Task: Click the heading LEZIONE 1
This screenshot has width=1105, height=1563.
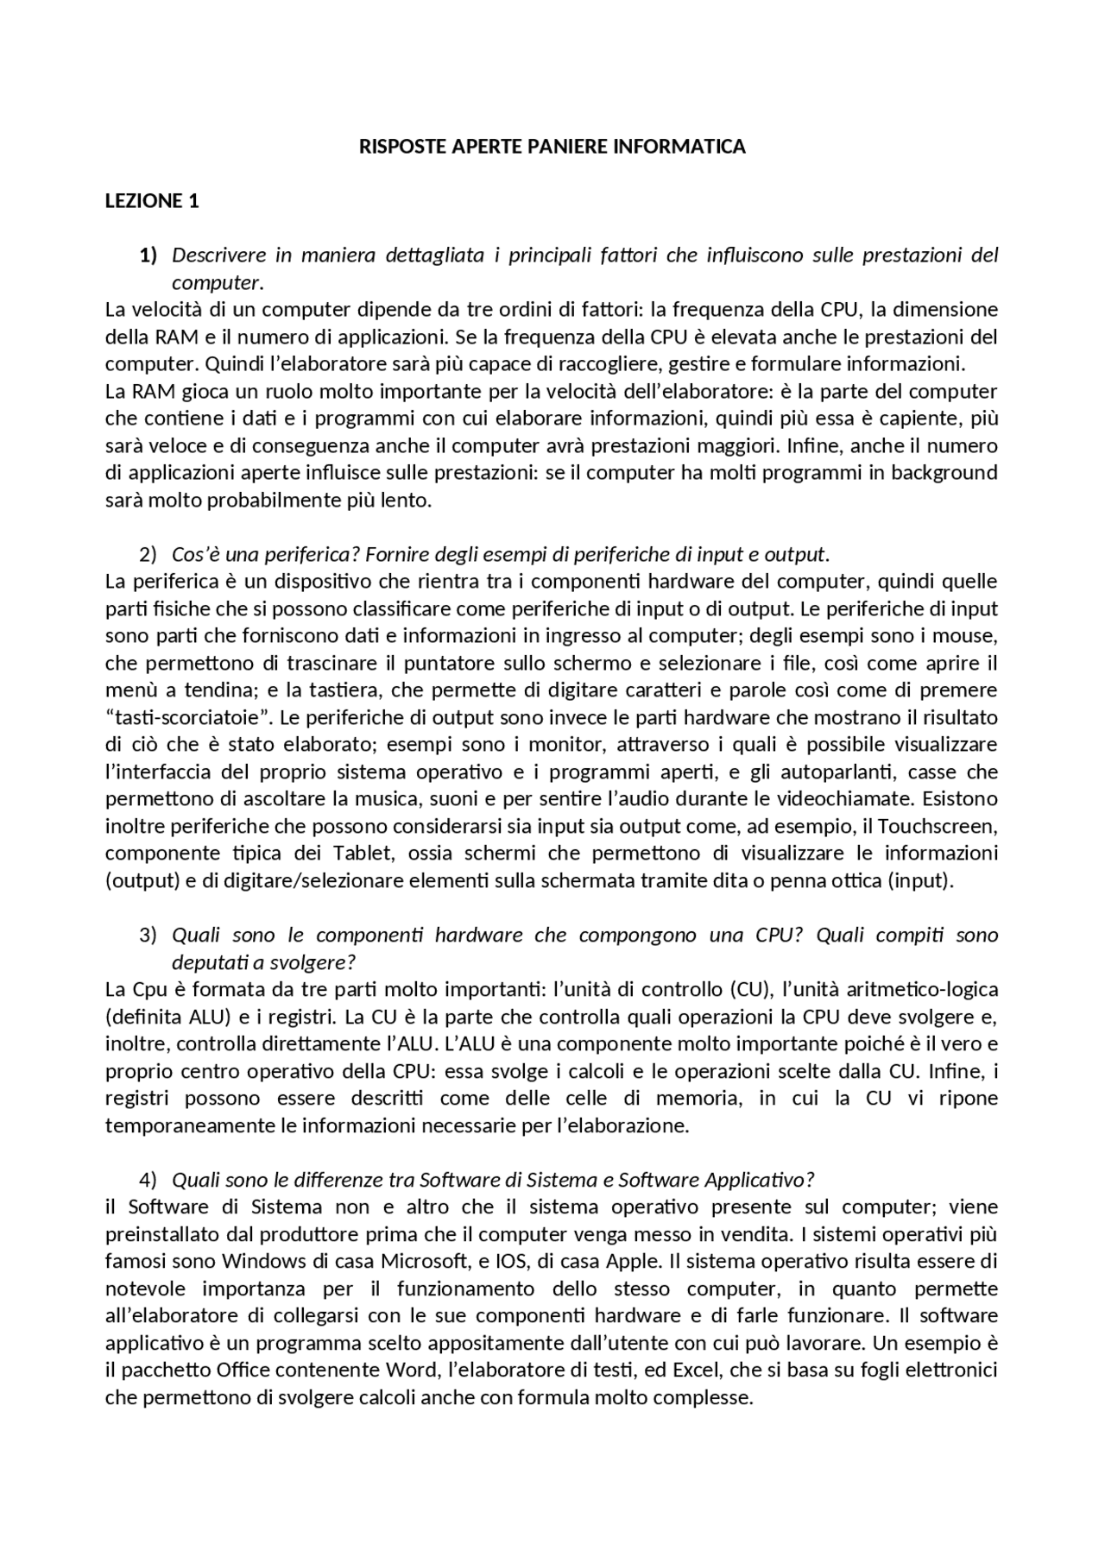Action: (x=152, y=201)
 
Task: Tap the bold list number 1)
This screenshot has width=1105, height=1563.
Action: (x=148, y=255)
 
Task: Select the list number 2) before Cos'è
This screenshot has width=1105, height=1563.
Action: (x=148, y=554)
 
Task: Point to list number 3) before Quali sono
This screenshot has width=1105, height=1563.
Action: (x=148, y=936)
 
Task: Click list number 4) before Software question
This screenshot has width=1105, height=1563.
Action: (x=148, y=1180)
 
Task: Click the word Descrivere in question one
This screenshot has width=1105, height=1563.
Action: (x=217, y=255)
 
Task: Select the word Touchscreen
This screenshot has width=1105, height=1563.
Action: (x=938, y=827)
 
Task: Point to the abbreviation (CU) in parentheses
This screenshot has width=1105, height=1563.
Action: (x=750, y=990)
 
